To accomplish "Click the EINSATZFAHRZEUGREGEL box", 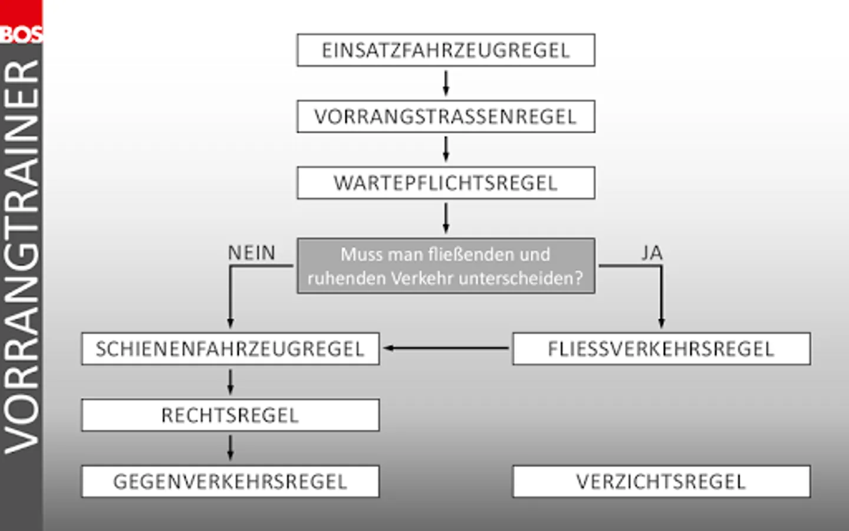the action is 446,50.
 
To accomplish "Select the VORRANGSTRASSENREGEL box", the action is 446,116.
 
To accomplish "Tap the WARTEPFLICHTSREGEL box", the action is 446,183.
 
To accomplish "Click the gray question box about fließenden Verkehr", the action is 446,266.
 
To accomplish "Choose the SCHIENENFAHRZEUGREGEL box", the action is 231,349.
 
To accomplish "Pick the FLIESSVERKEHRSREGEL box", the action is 662,349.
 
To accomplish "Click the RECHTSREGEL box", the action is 231,415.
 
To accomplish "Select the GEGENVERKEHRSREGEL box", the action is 231,481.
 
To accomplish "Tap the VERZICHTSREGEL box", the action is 662,481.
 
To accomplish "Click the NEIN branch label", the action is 252,253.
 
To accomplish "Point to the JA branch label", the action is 652,253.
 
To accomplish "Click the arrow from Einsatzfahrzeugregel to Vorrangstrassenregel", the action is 446,83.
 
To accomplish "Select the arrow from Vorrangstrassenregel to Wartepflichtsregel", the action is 446,149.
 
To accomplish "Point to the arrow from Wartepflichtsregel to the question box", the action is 446,218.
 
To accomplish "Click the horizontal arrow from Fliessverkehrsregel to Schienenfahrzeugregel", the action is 446,348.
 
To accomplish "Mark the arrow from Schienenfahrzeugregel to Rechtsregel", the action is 231,382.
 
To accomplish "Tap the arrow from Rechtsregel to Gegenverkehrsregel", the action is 231,448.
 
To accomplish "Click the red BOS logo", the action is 21,21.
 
